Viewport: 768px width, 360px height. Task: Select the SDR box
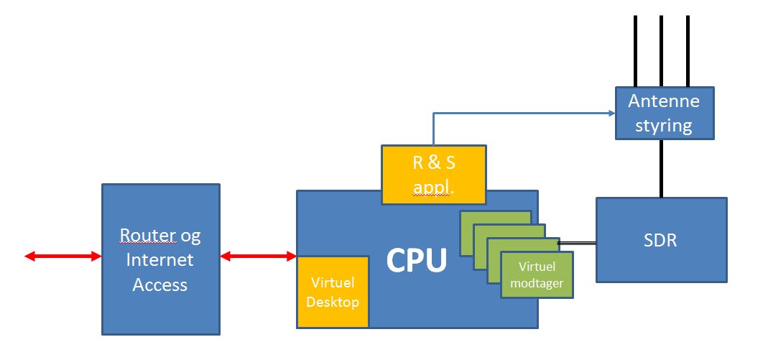coord(661,240)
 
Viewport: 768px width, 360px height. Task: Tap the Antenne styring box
coord(665,113)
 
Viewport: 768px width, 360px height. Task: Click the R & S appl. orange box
coord(433,175)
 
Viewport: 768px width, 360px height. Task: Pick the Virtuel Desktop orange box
coord(332,292)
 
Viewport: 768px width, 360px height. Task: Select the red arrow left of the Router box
coord(63,257)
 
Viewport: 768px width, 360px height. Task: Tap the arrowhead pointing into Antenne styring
coord(611,113)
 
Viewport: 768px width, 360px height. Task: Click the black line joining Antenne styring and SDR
coord(661,168)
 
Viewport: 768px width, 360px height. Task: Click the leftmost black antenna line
coord(636,50)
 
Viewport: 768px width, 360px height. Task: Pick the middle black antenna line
coord(662,50)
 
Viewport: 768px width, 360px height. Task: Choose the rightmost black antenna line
coord(688,50)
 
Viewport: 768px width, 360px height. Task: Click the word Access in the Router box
coord(160,285)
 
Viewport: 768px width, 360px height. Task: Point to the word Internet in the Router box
coord(160,260)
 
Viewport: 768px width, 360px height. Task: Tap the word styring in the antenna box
coord(664,126)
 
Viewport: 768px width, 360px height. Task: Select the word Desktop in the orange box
coord(332,302)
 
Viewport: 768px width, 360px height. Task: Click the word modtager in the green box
coord(536,284)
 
